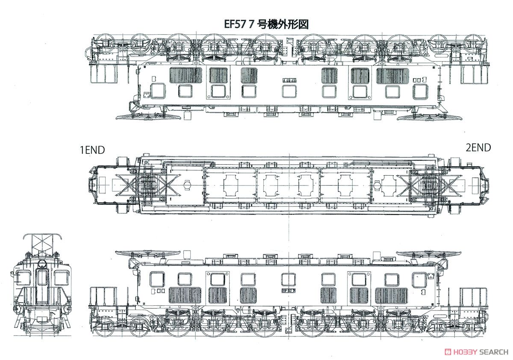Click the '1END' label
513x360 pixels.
[x=92, y=150]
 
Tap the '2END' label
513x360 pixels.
[x=478, y=148]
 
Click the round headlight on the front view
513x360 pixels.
[x=42, y=263]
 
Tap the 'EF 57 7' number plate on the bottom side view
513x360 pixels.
[x=289, y=290]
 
